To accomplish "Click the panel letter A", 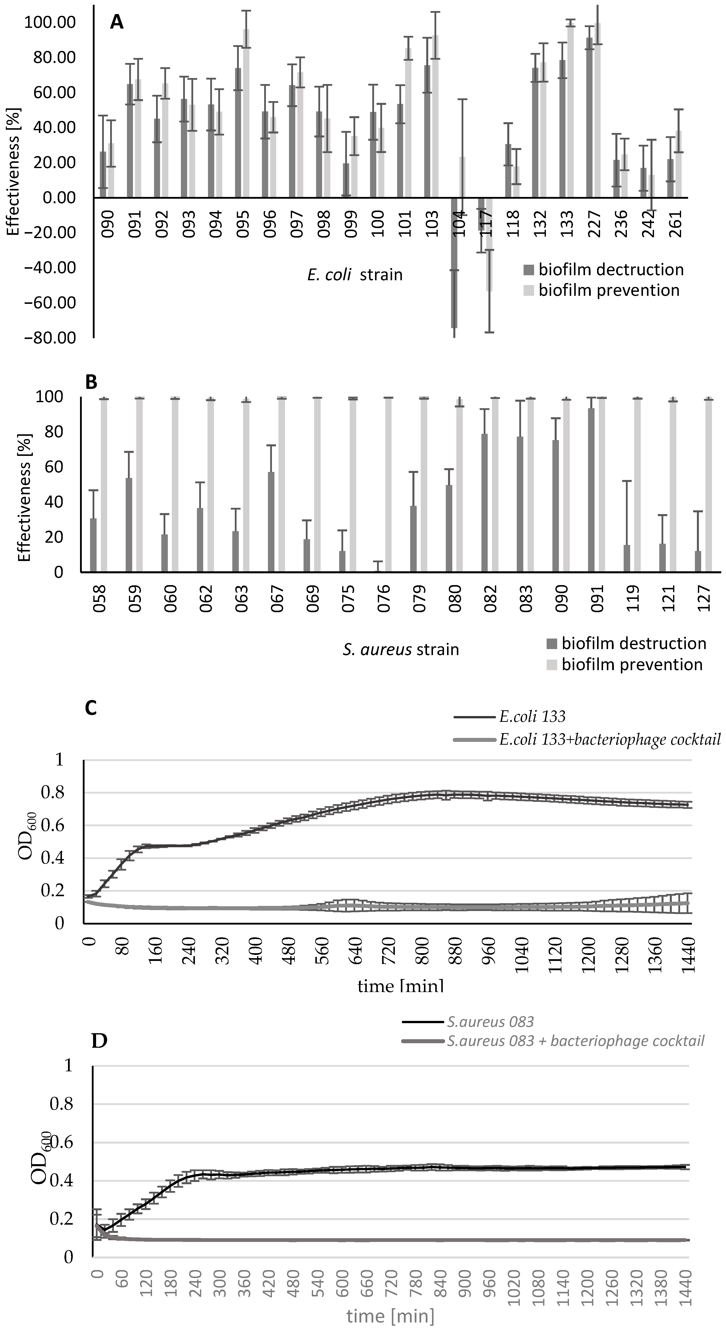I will point(117,23).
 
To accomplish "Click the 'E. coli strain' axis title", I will point(355,274).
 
